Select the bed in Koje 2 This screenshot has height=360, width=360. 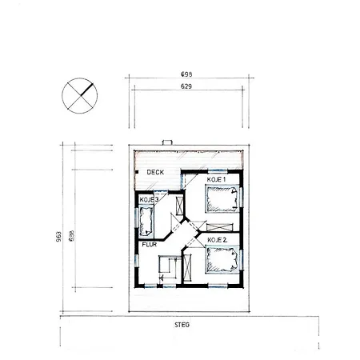click(222, 258)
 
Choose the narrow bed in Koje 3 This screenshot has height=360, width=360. click(146, 217)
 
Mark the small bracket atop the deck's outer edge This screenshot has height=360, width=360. click(166, 146)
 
